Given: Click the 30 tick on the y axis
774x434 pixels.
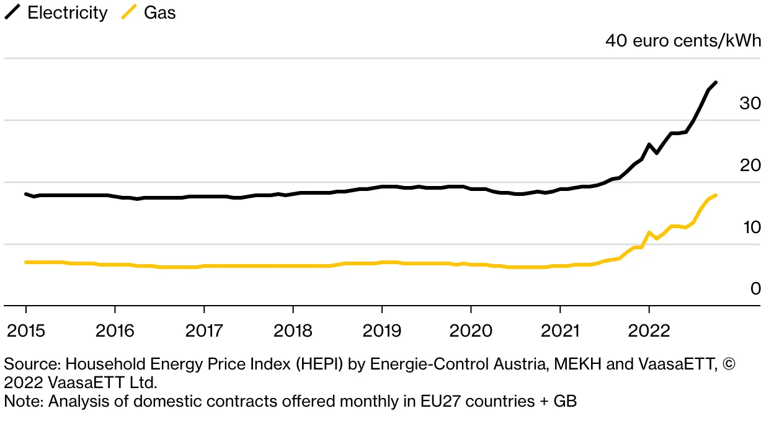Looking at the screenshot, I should (x=750, y=104).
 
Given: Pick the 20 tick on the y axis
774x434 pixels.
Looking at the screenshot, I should (x=750, y=166).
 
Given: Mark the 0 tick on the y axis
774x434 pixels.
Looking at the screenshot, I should (x=755, y=289).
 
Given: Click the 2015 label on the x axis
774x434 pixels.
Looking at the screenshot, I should (x=26, y=330).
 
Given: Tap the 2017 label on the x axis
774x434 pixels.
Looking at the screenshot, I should (x=204, y=330).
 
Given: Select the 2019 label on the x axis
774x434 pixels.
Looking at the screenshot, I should (x=381, y=330).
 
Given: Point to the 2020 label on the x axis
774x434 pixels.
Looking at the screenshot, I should (x=471, y=330).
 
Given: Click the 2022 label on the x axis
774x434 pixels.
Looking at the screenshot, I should (x=649, y=330).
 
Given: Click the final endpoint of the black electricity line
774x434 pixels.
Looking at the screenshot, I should (x=716, y=82).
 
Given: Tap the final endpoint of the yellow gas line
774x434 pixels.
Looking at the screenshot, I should (x=716, y=195).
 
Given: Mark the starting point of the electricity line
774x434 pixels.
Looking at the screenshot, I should (x=26, y=194).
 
